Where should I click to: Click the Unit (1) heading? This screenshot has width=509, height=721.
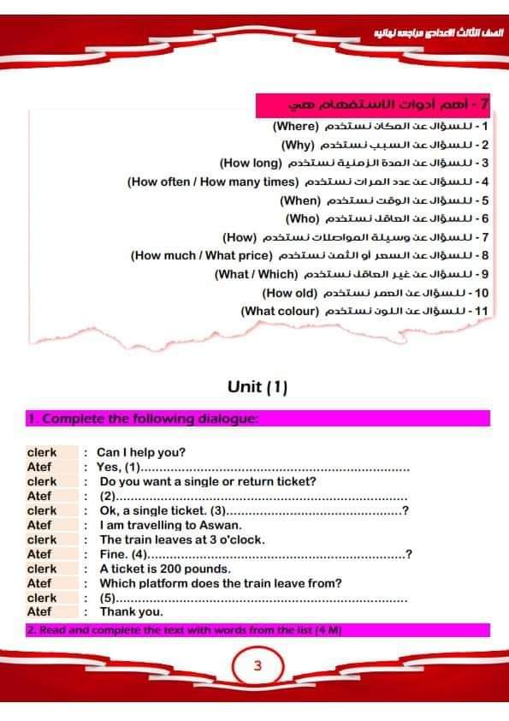coord(257,387)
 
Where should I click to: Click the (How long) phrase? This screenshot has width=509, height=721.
coord(251,163)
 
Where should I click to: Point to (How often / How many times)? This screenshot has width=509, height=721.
coord(211,182)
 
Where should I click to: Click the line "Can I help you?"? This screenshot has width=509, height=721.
coord(141,452)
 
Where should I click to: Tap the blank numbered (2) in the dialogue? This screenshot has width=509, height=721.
coord(257,496)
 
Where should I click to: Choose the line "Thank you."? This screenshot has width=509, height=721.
coord(131,612)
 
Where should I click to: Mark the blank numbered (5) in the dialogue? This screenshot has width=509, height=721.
coord(257,598)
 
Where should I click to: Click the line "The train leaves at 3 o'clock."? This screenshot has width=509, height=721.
coord(182,539)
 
